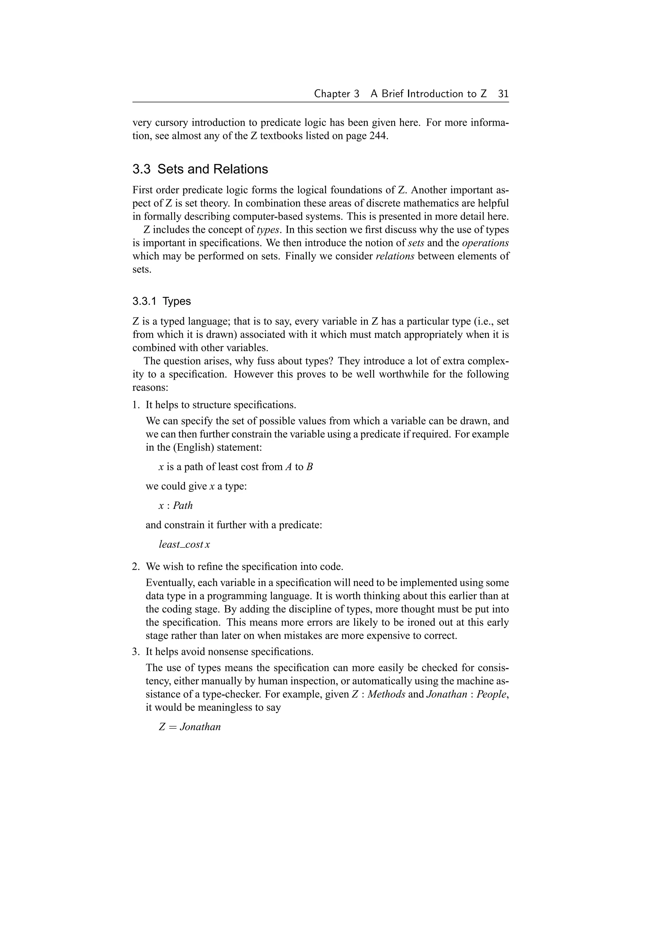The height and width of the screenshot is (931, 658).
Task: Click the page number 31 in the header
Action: (503, 94)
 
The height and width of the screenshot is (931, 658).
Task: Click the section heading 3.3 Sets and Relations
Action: (200, 169)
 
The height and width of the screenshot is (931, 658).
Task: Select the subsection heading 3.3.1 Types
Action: (161, 301)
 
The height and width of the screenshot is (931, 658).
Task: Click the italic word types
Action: (268, 230)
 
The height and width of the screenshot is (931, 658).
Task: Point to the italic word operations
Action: (485, 243)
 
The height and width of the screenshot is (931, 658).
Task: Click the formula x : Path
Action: (175, 506)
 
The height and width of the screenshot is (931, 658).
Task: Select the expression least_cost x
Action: (184, 545)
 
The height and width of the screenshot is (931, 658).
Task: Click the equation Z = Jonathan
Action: (190, 727)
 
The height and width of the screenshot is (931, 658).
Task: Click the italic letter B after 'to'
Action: (309, 467)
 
